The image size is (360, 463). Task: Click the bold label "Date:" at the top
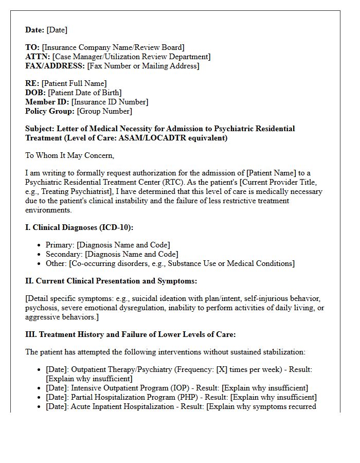coord(35,30)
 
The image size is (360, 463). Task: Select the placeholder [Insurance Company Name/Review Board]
coord(113,47)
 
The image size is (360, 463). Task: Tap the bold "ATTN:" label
coord(38,57)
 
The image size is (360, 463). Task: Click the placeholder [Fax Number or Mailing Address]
coord(143,66)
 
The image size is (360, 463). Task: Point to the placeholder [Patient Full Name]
coord(74,83)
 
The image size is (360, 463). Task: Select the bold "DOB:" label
coord(35,93)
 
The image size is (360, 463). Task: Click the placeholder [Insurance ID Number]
coord(110,102)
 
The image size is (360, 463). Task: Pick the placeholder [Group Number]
coord(104,111)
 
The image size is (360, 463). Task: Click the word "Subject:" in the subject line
coord(40,129)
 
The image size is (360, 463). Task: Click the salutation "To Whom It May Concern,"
coord(69,155)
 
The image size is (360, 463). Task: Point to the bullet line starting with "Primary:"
coord(107,245)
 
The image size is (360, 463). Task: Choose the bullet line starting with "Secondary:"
coord(112,254)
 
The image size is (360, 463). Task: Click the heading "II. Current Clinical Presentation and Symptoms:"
coord(111,281)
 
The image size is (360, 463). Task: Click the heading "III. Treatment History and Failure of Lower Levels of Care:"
coord(130,334)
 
